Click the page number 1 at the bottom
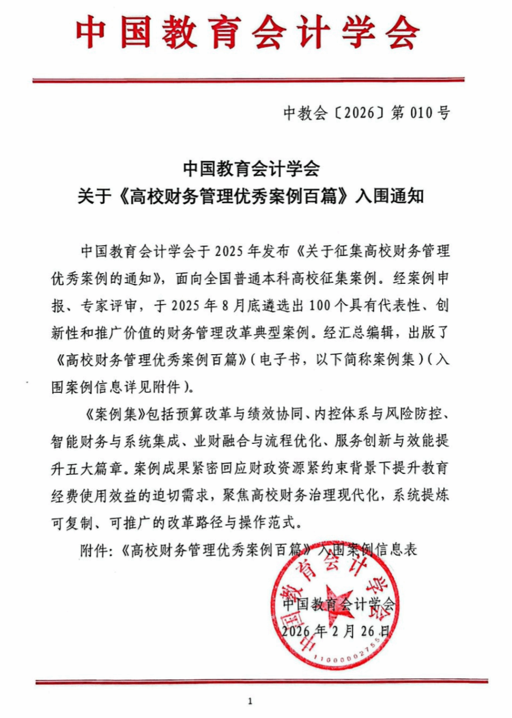(x=250, y=701)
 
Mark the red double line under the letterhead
(x=248, y=81)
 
